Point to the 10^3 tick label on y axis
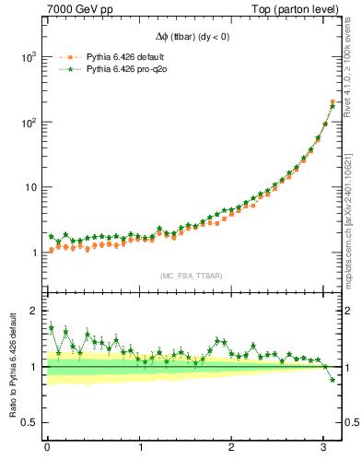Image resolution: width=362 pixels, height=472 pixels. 28,57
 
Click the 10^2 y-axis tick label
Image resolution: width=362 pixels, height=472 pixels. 28,123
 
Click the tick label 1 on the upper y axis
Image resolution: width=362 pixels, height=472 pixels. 34,253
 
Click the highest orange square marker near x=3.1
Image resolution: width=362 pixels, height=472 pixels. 333,102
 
